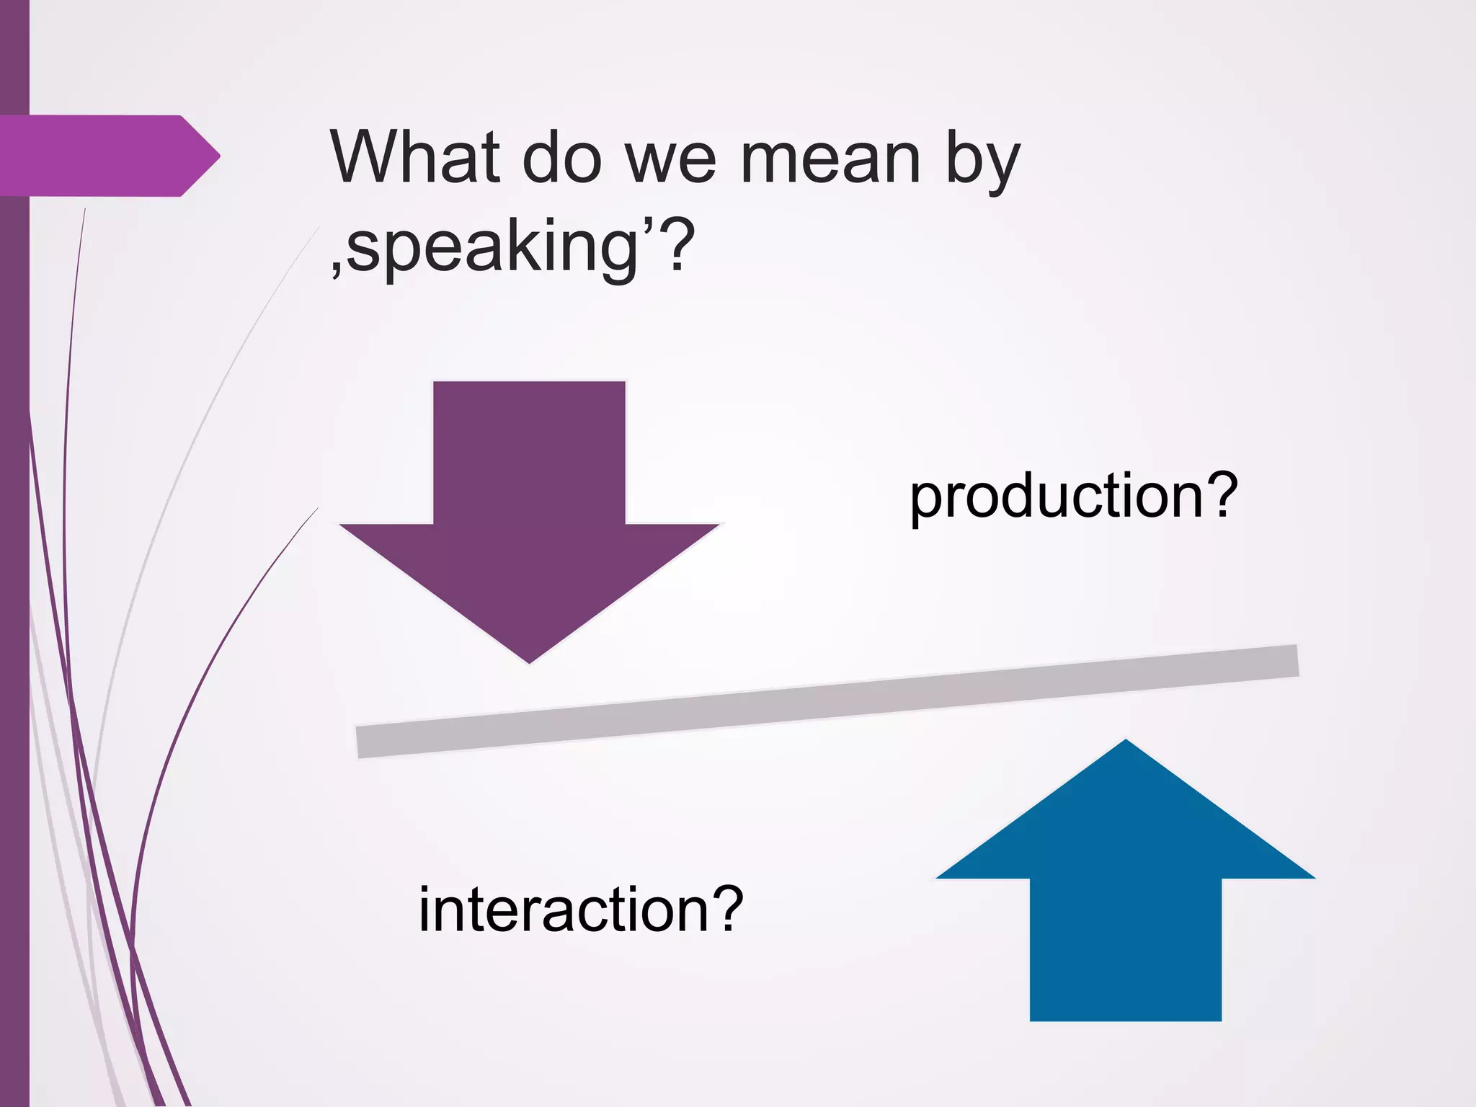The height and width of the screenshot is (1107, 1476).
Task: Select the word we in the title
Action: click(x=670, y=160)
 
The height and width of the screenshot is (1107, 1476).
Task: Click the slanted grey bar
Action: click(x=827, y=701)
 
